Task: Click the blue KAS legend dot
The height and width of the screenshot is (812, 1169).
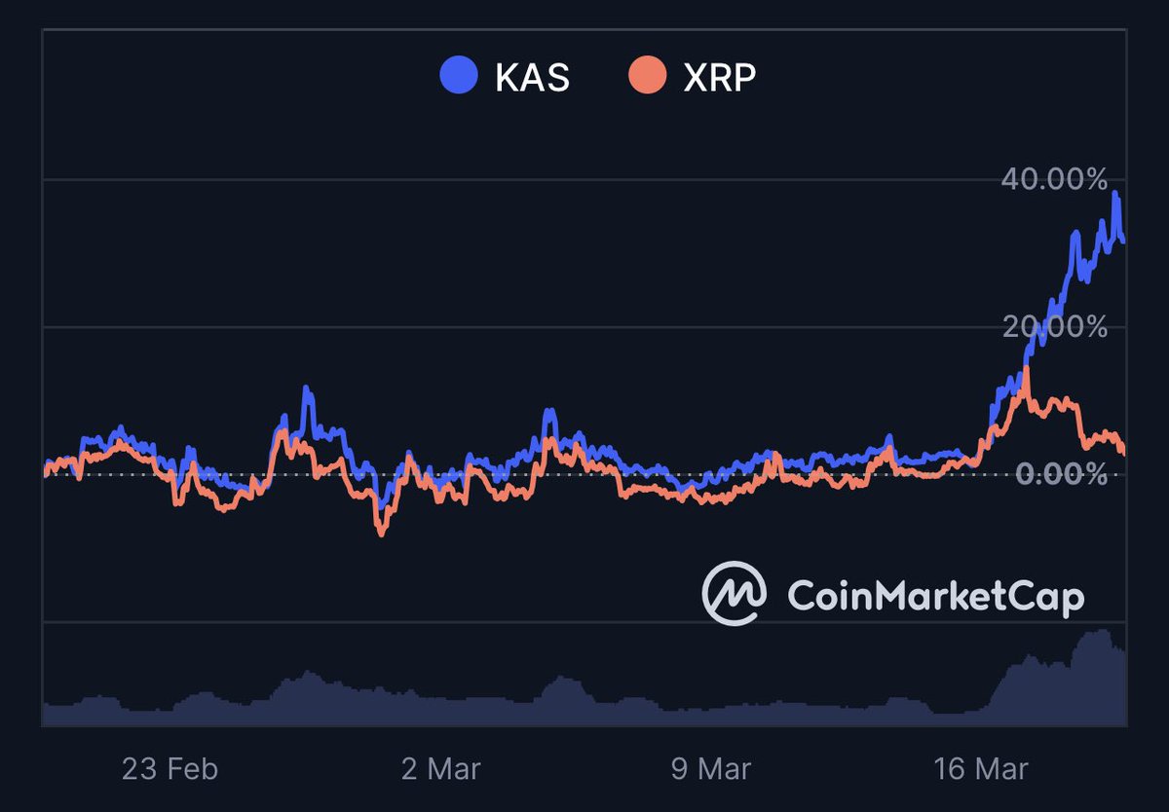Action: (459, 76)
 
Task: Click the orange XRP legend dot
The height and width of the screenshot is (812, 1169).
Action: (647, 76)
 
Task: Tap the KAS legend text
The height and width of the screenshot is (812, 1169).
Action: (532, 77)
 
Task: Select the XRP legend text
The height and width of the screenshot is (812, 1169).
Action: (719, 77)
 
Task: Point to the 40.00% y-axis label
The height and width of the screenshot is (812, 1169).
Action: (1054, 179)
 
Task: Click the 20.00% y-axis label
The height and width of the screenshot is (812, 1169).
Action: (1054, 327)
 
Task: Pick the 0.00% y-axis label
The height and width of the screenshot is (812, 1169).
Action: (1062, 475)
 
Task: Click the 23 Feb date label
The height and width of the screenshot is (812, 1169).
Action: (170, 769)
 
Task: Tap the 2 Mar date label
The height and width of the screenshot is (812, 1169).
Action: (440, 769)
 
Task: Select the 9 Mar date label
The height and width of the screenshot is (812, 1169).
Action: (711, 769)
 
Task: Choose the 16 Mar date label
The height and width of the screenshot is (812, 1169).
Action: (980, 769)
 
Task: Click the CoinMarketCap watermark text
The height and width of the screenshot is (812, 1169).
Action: (934, 595)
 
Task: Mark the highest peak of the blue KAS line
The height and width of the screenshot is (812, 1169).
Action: (1114, 193)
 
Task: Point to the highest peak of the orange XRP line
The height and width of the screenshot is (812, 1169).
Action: (1026, 368)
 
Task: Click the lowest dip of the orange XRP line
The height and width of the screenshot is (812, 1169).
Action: (381, 534)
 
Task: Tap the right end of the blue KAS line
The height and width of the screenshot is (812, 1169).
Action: (1124, 240)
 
